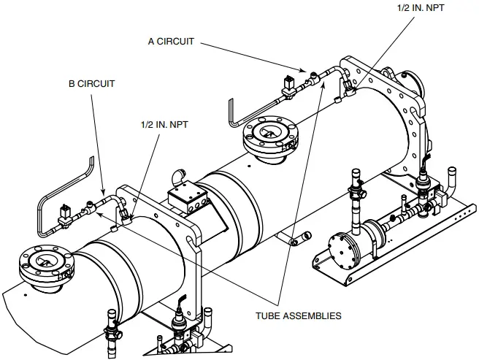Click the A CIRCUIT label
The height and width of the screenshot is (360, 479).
(x=171, y=42)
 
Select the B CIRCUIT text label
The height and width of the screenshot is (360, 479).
(x=91, y=84)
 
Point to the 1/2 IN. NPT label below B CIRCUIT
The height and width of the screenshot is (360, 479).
(x=164, y=125)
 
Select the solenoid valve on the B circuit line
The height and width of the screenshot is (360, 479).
(x=66, y=215)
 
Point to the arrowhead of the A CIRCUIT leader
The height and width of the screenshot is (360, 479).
(x=305, y=71)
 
